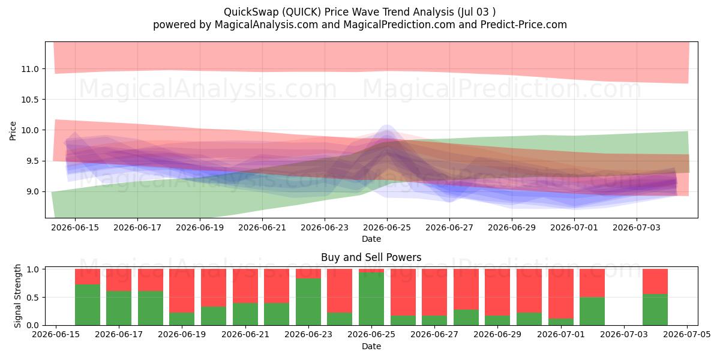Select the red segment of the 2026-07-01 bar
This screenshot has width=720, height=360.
(561, 294)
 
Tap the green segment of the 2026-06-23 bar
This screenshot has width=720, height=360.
(308, 301)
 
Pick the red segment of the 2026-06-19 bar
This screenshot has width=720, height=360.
(182, 291)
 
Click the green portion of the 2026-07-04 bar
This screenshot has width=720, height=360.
(655, 310)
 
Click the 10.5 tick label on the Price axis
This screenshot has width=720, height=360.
(29, 100)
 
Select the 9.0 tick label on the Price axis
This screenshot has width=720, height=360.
(32, 191)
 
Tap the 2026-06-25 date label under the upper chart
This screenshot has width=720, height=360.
(387, 227)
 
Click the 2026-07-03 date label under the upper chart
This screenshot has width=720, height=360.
(637, 227)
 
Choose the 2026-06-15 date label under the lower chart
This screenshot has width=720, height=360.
(56, 334)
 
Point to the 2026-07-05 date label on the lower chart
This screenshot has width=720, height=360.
(687, 334)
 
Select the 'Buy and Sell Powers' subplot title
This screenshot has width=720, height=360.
(371, 257)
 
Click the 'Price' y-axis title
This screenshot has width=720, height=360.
(13, 131)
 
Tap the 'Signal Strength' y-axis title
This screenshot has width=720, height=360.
(17, 296)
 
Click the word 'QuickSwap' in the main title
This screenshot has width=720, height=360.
(251, 12)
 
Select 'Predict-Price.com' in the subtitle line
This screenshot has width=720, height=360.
(524, 25)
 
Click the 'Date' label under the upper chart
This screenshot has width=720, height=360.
(371, 239)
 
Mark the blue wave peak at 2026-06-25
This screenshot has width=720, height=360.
(387, 125)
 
